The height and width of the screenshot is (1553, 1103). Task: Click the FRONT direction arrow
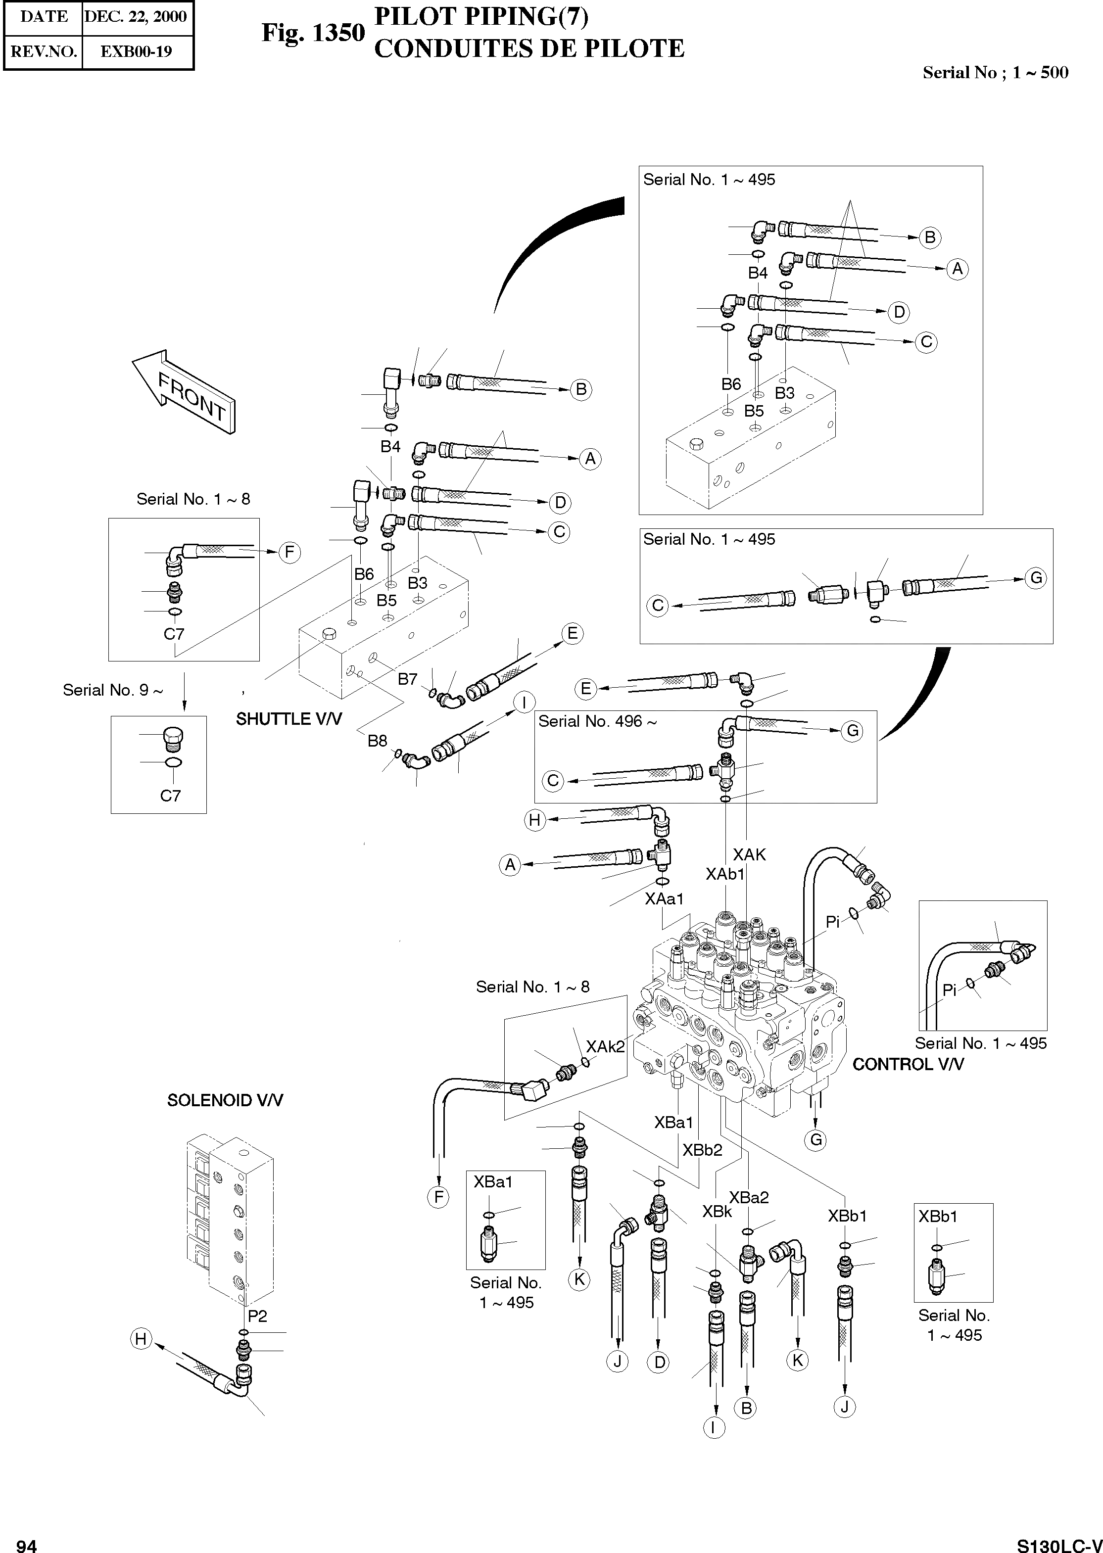pos(184,392)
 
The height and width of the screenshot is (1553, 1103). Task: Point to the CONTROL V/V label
pos(908,1064)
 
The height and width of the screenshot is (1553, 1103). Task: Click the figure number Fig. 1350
pos(313,33)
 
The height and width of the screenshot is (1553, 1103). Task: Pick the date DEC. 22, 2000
pos(136,17)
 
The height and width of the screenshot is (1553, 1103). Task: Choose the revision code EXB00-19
pos(136,51)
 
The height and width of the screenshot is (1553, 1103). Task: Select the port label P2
pos(257,1316)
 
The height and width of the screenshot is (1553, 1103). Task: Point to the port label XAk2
pos(605,1046)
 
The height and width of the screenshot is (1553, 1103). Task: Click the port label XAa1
pos(664,898)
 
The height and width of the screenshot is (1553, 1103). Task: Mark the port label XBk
pos(717,1212)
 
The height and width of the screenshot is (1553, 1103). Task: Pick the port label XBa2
pos(749,1198)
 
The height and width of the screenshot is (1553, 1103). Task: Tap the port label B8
pos(377,741)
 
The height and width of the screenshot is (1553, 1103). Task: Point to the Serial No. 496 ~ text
pos(598,721)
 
